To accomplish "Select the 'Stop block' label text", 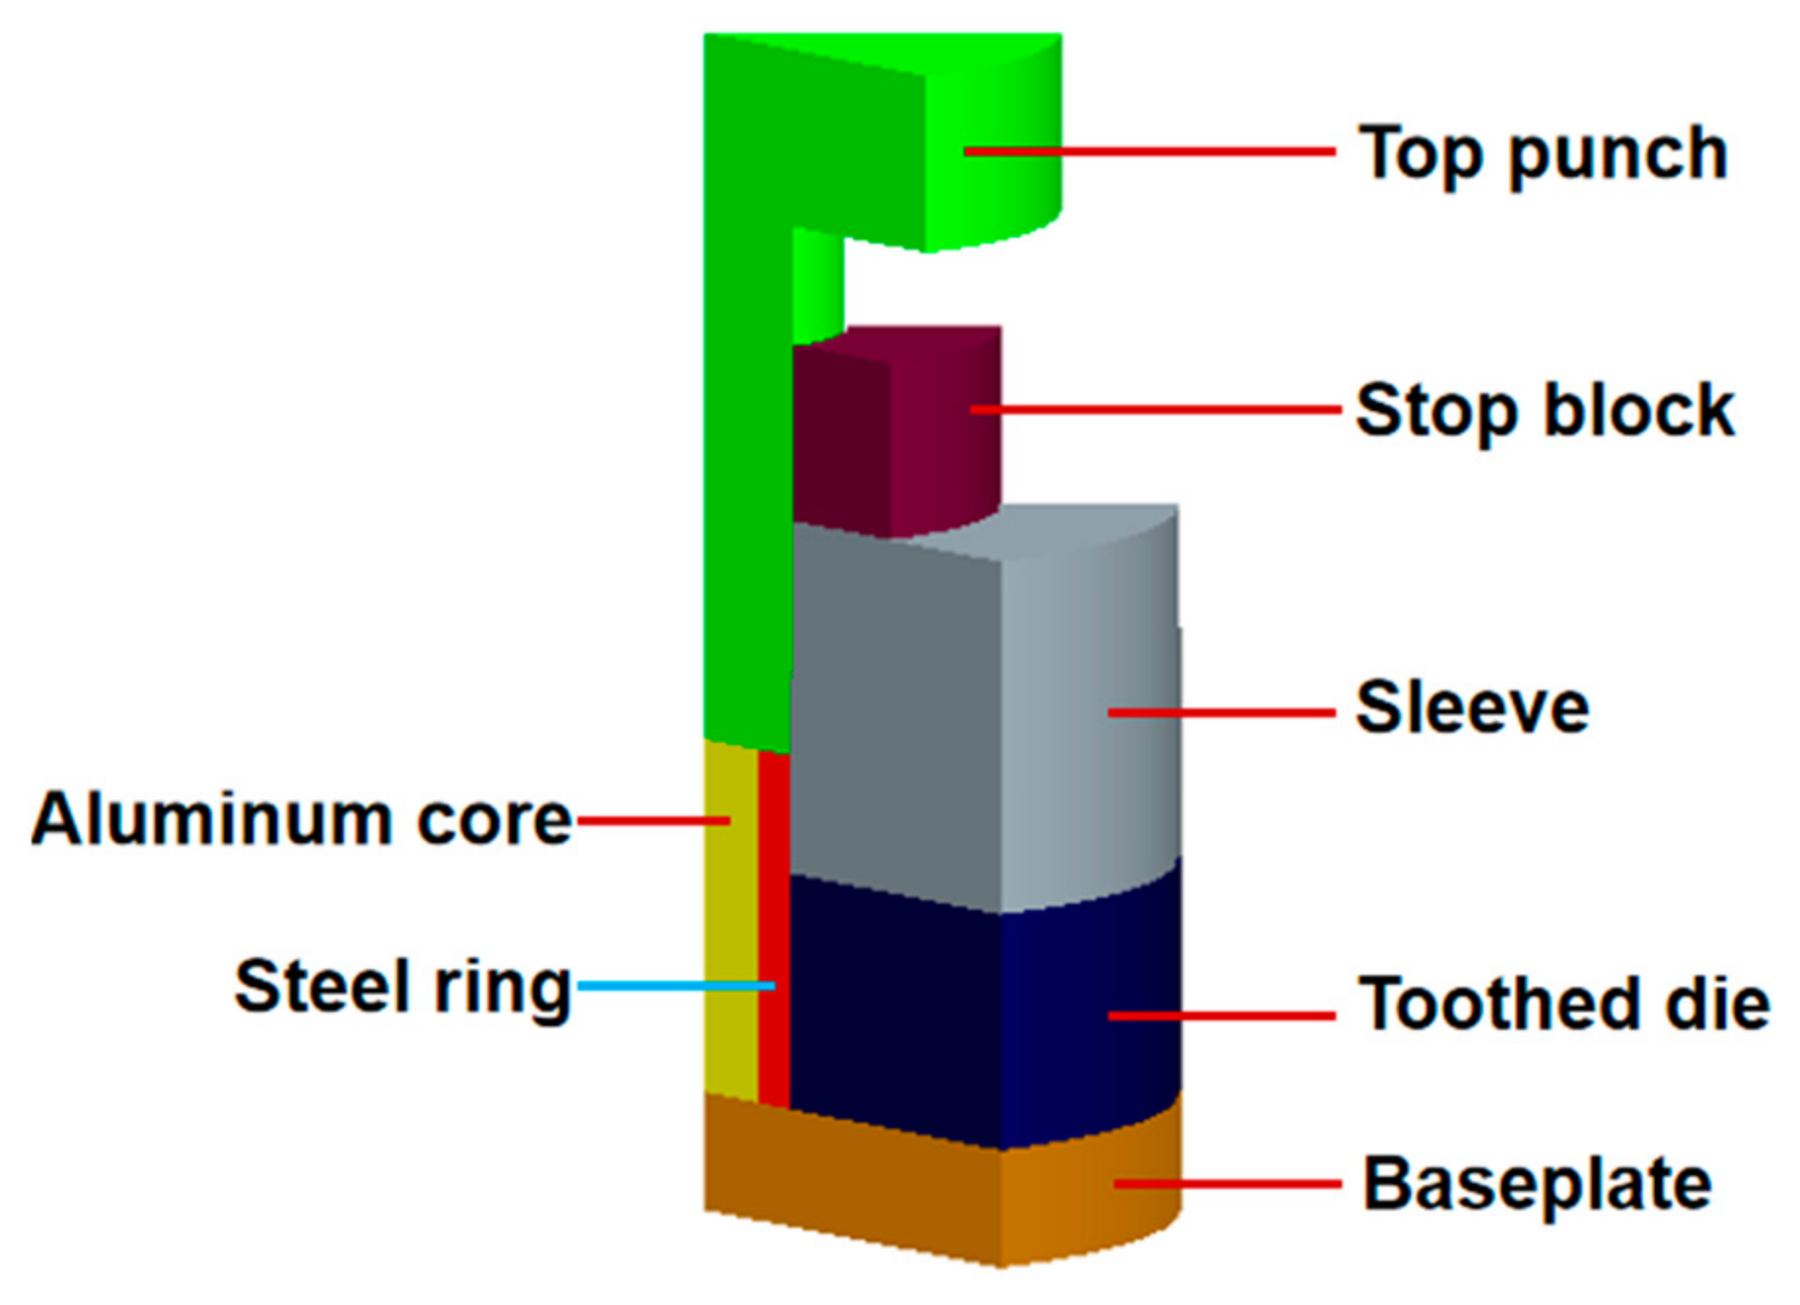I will pos(1544,411).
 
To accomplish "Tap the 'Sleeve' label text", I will pos(1471,708).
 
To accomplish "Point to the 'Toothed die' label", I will pos(1563,1004).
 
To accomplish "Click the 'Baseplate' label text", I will pos(1537,1184).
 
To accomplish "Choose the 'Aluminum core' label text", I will pos(302,819).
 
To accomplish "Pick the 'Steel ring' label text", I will pos(403,986).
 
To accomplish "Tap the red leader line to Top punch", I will pos(1150,151).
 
